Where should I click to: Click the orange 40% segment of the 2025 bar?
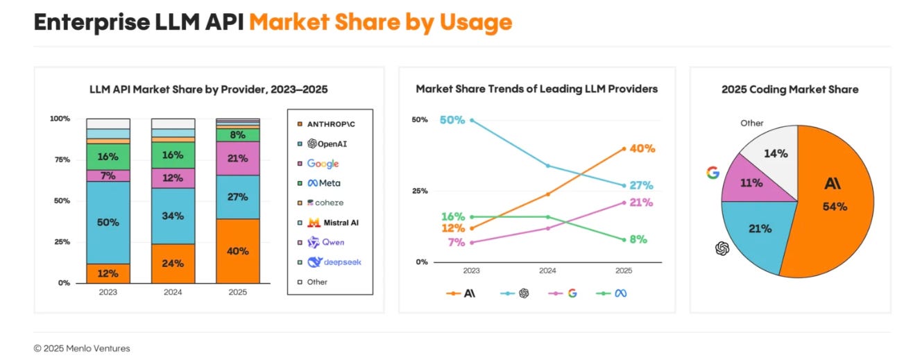pos(237,251)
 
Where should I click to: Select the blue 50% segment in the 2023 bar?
pos(108,222)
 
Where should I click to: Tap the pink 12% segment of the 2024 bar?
pos(173,178)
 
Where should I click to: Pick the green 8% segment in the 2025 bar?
pos(237,135)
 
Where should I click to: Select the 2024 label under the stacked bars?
pos(173,292)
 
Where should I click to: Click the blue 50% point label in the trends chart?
pos(452,120)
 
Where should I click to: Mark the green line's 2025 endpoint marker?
pos(623,239)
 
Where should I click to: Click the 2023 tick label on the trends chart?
pos(472,271)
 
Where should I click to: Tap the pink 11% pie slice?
pos(753,182)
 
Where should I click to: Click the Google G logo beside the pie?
pos(711,172)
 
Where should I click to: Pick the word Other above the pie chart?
pos(751,123)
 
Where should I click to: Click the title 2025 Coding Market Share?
pos(790,89)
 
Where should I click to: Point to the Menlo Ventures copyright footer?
pos(82,348)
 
